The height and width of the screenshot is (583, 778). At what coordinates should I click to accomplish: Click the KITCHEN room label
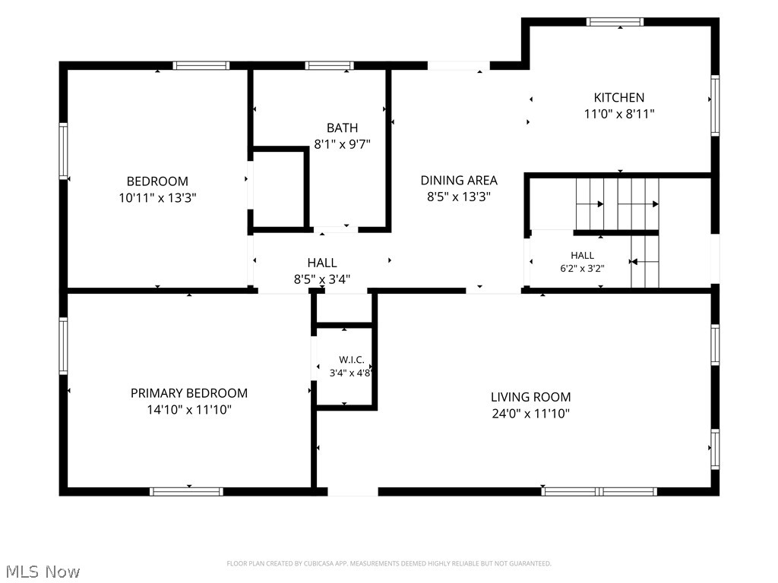tap(618, 98)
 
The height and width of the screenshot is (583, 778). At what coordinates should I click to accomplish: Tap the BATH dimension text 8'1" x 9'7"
tap(343, 144)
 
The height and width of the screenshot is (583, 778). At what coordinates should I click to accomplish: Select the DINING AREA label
tap(459, 181)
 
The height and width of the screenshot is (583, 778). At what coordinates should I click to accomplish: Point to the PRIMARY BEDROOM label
tap(189, 393)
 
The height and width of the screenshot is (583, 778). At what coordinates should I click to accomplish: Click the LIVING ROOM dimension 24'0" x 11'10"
tap(530, 414)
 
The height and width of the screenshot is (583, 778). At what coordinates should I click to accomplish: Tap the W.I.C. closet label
tap(351, 360)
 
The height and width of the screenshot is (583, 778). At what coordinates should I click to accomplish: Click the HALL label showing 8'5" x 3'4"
tap(322, 263)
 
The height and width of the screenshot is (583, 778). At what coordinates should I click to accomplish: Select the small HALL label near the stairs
tap(582, 255)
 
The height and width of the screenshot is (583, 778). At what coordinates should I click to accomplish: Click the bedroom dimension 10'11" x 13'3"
tap(157, 198)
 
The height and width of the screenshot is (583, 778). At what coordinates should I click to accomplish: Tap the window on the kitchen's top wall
tap(615, 22)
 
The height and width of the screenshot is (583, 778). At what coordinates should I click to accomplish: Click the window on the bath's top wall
tap(330, 65)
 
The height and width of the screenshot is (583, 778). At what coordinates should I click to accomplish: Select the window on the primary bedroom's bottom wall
tap(186, 492)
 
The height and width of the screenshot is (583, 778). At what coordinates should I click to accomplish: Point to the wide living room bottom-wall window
tap(599, 492)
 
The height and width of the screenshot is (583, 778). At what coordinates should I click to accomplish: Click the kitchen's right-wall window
tap(715, 105)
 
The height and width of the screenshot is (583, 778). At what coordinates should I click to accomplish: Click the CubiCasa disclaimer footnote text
tap(389, 564)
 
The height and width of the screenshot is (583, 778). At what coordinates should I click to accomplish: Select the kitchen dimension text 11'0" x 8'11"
tap(618, 114)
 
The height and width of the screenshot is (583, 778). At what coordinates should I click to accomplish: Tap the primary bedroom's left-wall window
tap(64, 345)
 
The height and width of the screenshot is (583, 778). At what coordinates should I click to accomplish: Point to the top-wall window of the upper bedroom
tap(201, 65)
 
